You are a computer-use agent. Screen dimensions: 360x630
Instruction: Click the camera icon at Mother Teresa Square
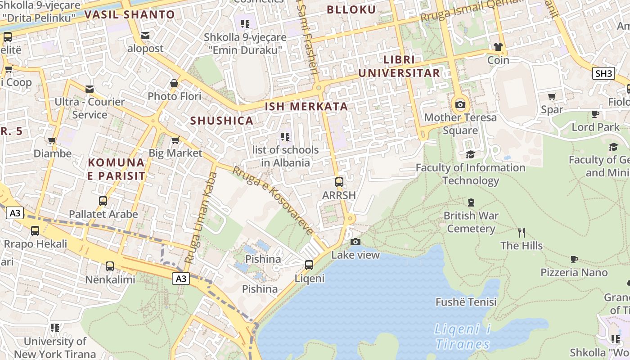460,105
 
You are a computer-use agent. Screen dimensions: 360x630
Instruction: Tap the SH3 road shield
603,73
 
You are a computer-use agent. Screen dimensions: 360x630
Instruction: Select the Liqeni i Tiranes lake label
462,337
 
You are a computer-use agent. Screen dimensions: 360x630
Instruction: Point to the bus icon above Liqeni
309,265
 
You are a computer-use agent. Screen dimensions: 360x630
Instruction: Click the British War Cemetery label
471,222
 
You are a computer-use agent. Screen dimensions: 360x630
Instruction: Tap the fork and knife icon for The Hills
522,232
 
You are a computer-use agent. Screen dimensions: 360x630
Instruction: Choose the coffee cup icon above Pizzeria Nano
574,259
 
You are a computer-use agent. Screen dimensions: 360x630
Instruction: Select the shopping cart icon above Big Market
175,140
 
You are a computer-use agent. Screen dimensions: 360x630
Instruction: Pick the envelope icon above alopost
145,35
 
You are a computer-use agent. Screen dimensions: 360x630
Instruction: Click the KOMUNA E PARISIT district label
116,169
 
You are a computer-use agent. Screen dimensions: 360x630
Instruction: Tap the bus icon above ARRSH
339,182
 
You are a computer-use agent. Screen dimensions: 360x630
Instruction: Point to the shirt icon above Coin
498,46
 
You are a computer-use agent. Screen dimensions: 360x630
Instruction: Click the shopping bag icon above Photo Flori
174,83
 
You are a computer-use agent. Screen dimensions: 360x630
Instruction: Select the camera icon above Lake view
355,242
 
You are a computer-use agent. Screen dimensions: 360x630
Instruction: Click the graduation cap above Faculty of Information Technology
470,154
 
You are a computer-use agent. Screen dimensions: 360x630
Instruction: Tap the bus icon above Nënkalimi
110,266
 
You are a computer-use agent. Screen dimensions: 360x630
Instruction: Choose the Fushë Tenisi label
466,302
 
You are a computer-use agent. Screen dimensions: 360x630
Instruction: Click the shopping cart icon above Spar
552,96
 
